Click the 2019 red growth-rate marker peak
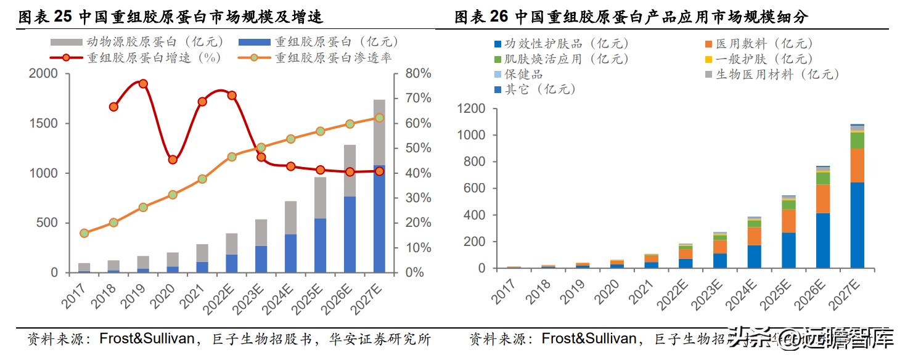(143, 84)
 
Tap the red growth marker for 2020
(173, 160)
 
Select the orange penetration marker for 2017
(84, 233)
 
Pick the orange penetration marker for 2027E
(379, 118)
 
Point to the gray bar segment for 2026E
(350, 171)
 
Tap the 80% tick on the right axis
(418, 73)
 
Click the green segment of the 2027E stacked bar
(857, 141)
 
